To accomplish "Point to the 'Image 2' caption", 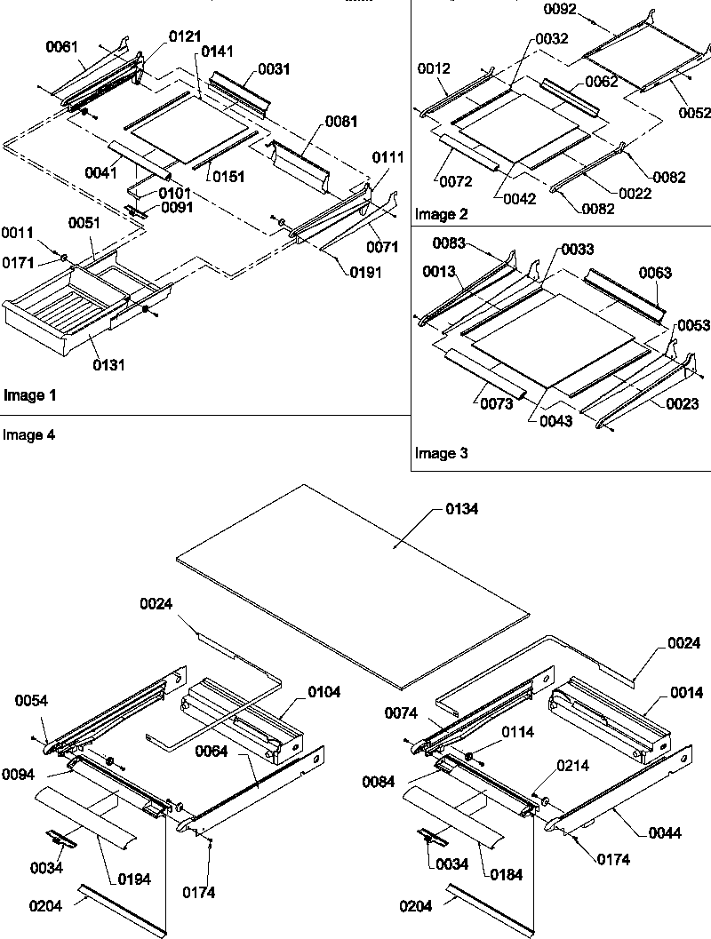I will (440, 214).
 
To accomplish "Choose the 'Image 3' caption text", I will (440, 454).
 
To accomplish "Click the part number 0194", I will (132, 879).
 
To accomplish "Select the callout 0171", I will (17, 261).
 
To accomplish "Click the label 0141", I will (218, 52).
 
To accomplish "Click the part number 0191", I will (363, 273).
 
